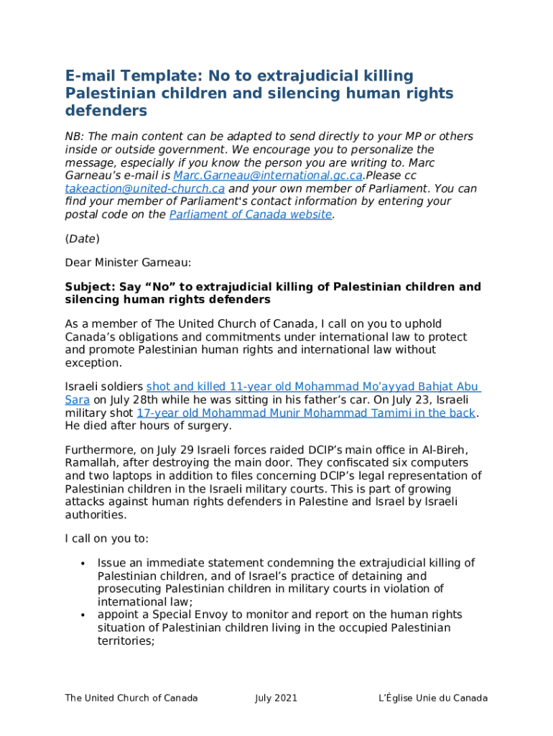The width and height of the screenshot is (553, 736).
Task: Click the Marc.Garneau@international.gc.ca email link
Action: click(268, 175)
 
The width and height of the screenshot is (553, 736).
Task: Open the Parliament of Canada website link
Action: click(251, 214)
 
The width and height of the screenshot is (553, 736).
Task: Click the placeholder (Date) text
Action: click(82, 238)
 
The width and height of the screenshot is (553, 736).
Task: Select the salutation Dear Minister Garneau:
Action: click(128, 262)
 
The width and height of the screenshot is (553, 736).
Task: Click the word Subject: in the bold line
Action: click(87, 287)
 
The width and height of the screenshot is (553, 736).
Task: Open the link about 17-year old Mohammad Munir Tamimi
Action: click(306, 413)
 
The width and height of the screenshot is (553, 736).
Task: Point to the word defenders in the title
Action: click(106, 111)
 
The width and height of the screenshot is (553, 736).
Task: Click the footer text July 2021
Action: click(276, 698)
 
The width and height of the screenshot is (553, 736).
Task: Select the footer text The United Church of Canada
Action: click(131, 698)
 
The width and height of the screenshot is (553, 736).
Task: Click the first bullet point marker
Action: click(83, 563)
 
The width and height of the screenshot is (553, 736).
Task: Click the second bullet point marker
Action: click(83, 615)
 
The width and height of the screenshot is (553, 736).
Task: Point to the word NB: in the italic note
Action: click(75, 137)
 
